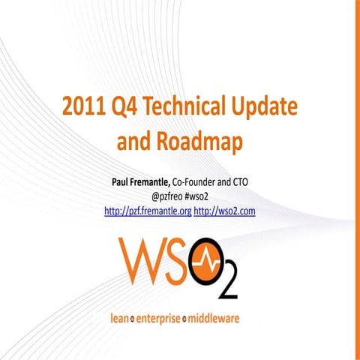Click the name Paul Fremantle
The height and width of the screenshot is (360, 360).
click(139, 182)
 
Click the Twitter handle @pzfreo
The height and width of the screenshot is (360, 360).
click(167, 196)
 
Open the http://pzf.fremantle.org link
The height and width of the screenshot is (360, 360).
click(148, 211)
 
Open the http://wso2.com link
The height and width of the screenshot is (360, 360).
click(225, 211)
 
